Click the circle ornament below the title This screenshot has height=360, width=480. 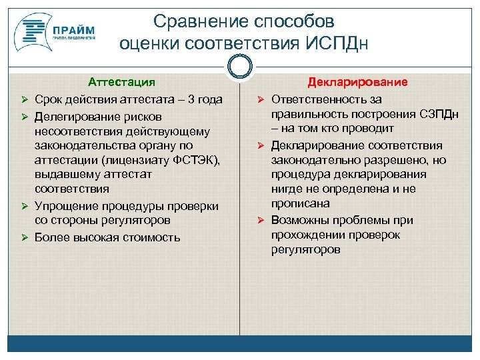coord(239,67)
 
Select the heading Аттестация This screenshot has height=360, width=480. coord(121,82)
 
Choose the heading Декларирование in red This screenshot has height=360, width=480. coord(357,82)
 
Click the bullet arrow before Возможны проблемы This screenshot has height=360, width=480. coord(261,220)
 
